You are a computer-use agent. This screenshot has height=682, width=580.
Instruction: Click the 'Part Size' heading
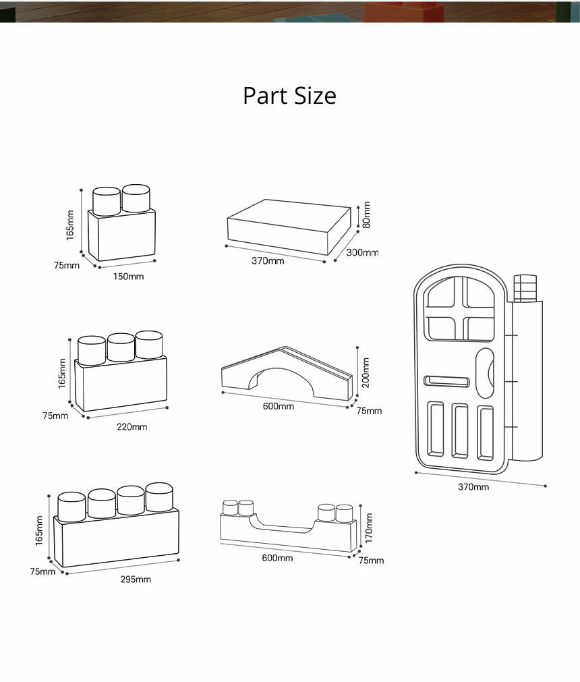click(x=289, y=96)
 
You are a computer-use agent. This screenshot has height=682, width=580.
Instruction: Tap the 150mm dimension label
click(x=127, y=277)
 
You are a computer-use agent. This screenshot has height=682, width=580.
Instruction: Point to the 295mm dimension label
click(x=136, y=579)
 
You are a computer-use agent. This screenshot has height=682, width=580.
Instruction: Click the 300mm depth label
click(x=362, y=252)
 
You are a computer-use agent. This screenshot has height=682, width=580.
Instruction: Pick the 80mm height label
click(x=366, y=215)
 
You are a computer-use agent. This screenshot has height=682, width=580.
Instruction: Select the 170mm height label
click(x=368, y=523)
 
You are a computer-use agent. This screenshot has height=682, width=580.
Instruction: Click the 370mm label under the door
click(x=473, y=487)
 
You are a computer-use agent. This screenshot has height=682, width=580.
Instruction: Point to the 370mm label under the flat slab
click(x=268, y=260)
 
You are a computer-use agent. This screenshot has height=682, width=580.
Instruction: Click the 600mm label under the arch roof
click(x=278, y=406)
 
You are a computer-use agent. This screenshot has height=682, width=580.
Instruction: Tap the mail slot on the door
click(x=446, y=382)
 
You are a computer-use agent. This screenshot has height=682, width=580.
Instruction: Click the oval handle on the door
click(x=485, y=370)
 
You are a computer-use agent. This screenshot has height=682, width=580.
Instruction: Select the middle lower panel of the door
click(x=460, y=430)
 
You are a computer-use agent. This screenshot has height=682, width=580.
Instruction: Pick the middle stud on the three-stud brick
click(x=121, y=347)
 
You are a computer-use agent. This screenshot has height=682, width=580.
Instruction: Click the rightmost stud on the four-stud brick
click(x=159, y=496)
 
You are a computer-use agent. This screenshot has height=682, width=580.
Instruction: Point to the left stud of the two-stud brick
click(x=105, y=201)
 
